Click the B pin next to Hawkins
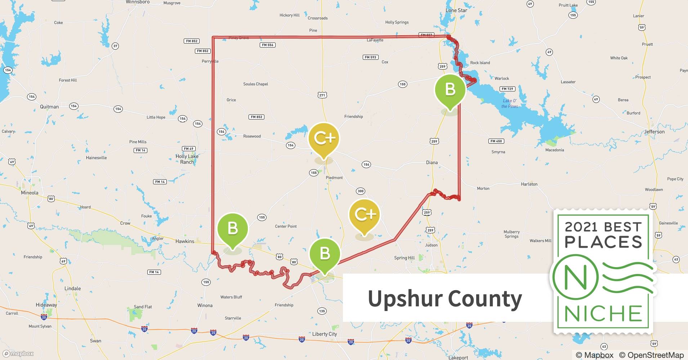(233, 229)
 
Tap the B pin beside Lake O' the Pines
(450, 90)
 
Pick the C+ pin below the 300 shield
(365, 215)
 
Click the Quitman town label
(49, 107)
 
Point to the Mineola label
(30, 193)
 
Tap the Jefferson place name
(654, 132)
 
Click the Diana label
(432, 162)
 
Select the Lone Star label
(456, 10)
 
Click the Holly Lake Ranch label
(187, 159)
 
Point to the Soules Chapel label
(255, 84)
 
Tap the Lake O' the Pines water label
(510, 103)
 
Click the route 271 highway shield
(322, 95)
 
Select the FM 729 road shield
(508, 89)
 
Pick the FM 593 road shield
(370, 57)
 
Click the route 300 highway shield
(360, 191)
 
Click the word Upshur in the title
(403, 299)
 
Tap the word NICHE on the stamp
(603, 314)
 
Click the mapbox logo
(18, 354)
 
